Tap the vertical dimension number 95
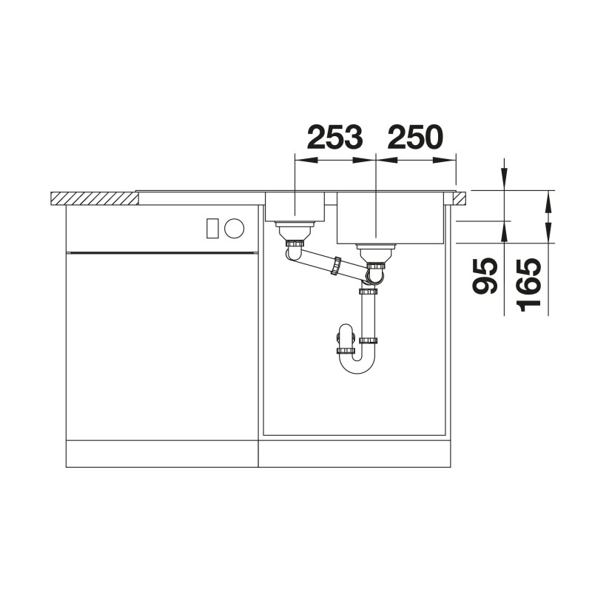coord(485,276)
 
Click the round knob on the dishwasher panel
coord(234,229)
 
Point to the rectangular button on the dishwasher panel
coord(212,229)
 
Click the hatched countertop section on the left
coord(94,198)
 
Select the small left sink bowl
coord(295,206)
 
